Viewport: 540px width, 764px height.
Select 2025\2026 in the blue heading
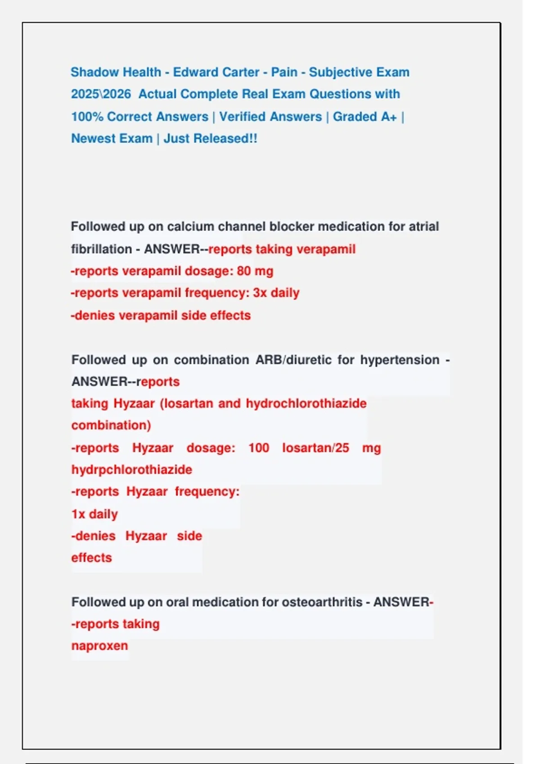[101, 94]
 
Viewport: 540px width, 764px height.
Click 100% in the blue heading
[87, 117]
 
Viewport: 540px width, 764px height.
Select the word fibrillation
[101, 249]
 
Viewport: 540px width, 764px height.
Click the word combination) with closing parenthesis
[111, 425]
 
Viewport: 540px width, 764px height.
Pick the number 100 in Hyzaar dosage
[259, 448]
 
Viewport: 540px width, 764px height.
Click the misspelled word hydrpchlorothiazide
[131, 470]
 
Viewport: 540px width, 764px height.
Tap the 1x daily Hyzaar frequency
[94, 514]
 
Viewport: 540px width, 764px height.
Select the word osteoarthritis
[322, 602]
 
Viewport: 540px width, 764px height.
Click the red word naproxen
[99, 646]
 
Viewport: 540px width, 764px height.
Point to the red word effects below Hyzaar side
[91, 558]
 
